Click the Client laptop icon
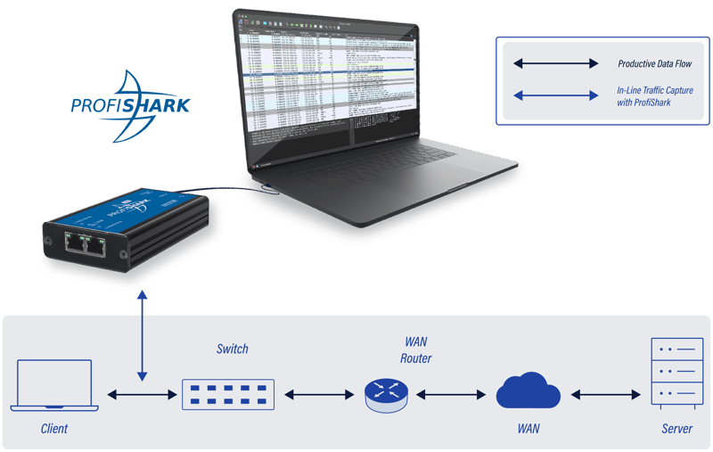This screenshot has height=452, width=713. pyautogui.click(x=52, y=385)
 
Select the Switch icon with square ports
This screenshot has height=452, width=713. pyautogui.click(x=228, y=393)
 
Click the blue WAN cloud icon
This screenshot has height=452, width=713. pyautogui.click(x=529, y=392)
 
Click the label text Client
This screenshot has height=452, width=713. pyautogui.click(x=54, y=429)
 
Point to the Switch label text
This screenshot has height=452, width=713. pyautogui.click(x=233, y=349)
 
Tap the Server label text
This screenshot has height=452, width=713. pyautogui.click(x=676, y=429)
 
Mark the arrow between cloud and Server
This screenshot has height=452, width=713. pyautogui.click(x=607, y=393)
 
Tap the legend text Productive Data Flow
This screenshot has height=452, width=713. pyautogui.click(x=655, y=64)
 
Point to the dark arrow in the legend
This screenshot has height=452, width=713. pyautogui.click(x=554, y=64)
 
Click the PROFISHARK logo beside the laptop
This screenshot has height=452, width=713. pyautogui.click(x=130, y=106)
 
